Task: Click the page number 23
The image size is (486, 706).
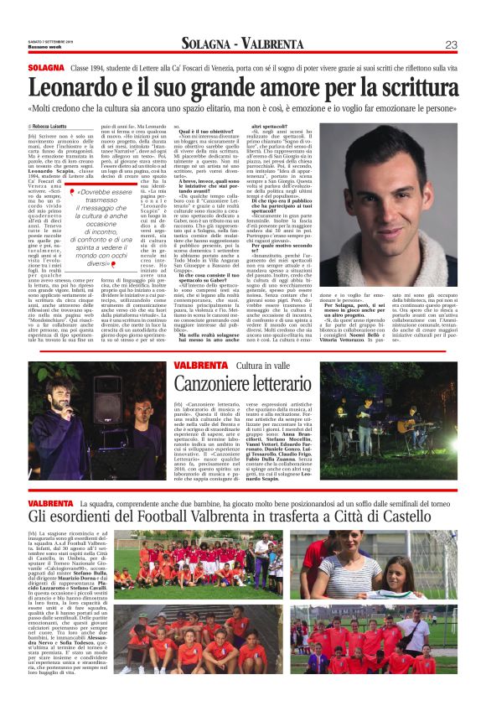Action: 450,44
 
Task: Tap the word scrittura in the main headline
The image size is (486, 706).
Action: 411,88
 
